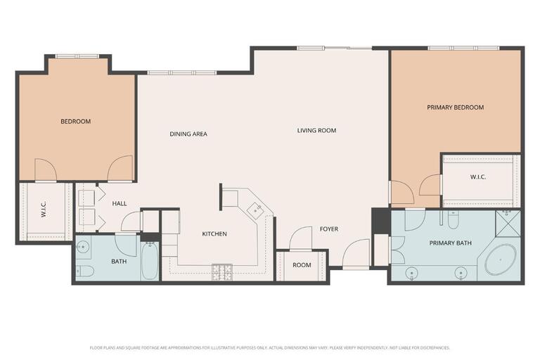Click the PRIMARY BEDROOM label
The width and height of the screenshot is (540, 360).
[456, 108]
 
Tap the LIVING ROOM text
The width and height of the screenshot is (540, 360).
[316, 131]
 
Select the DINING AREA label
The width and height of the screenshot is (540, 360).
[188, 134]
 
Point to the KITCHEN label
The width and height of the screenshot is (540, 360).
[214, 234]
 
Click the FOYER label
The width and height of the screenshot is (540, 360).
[329, 229]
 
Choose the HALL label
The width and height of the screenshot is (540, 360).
[120, 204]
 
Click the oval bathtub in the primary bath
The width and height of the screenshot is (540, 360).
[501, 259]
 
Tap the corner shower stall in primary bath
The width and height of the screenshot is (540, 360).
[508, 223]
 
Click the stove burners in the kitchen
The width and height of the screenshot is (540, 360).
[222, 272]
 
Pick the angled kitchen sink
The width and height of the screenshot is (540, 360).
[255, 210]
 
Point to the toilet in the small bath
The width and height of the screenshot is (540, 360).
[84, 271]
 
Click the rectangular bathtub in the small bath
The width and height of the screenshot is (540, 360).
[150, 261]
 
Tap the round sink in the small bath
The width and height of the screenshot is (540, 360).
[83, 247]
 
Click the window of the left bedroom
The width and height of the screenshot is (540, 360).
[77, 56]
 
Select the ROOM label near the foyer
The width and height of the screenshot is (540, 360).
[302, 265]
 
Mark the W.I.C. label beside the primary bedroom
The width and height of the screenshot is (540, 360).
[478, 177]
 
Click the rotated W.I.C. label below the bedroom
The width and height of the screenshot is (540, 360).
[44, 209]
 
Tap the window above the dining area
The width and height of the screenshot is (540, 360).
[182, 72]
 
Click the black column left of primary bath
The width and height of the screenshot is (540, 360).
[380, 221]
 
